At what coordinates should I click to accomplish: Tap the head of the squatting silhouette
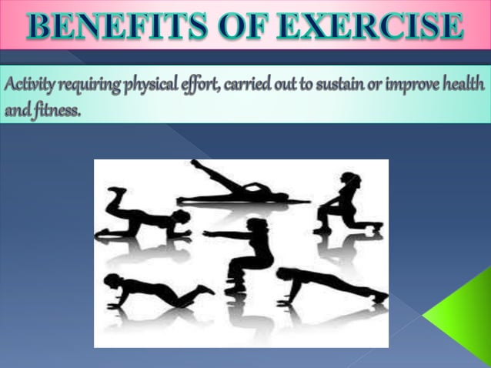257,225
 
